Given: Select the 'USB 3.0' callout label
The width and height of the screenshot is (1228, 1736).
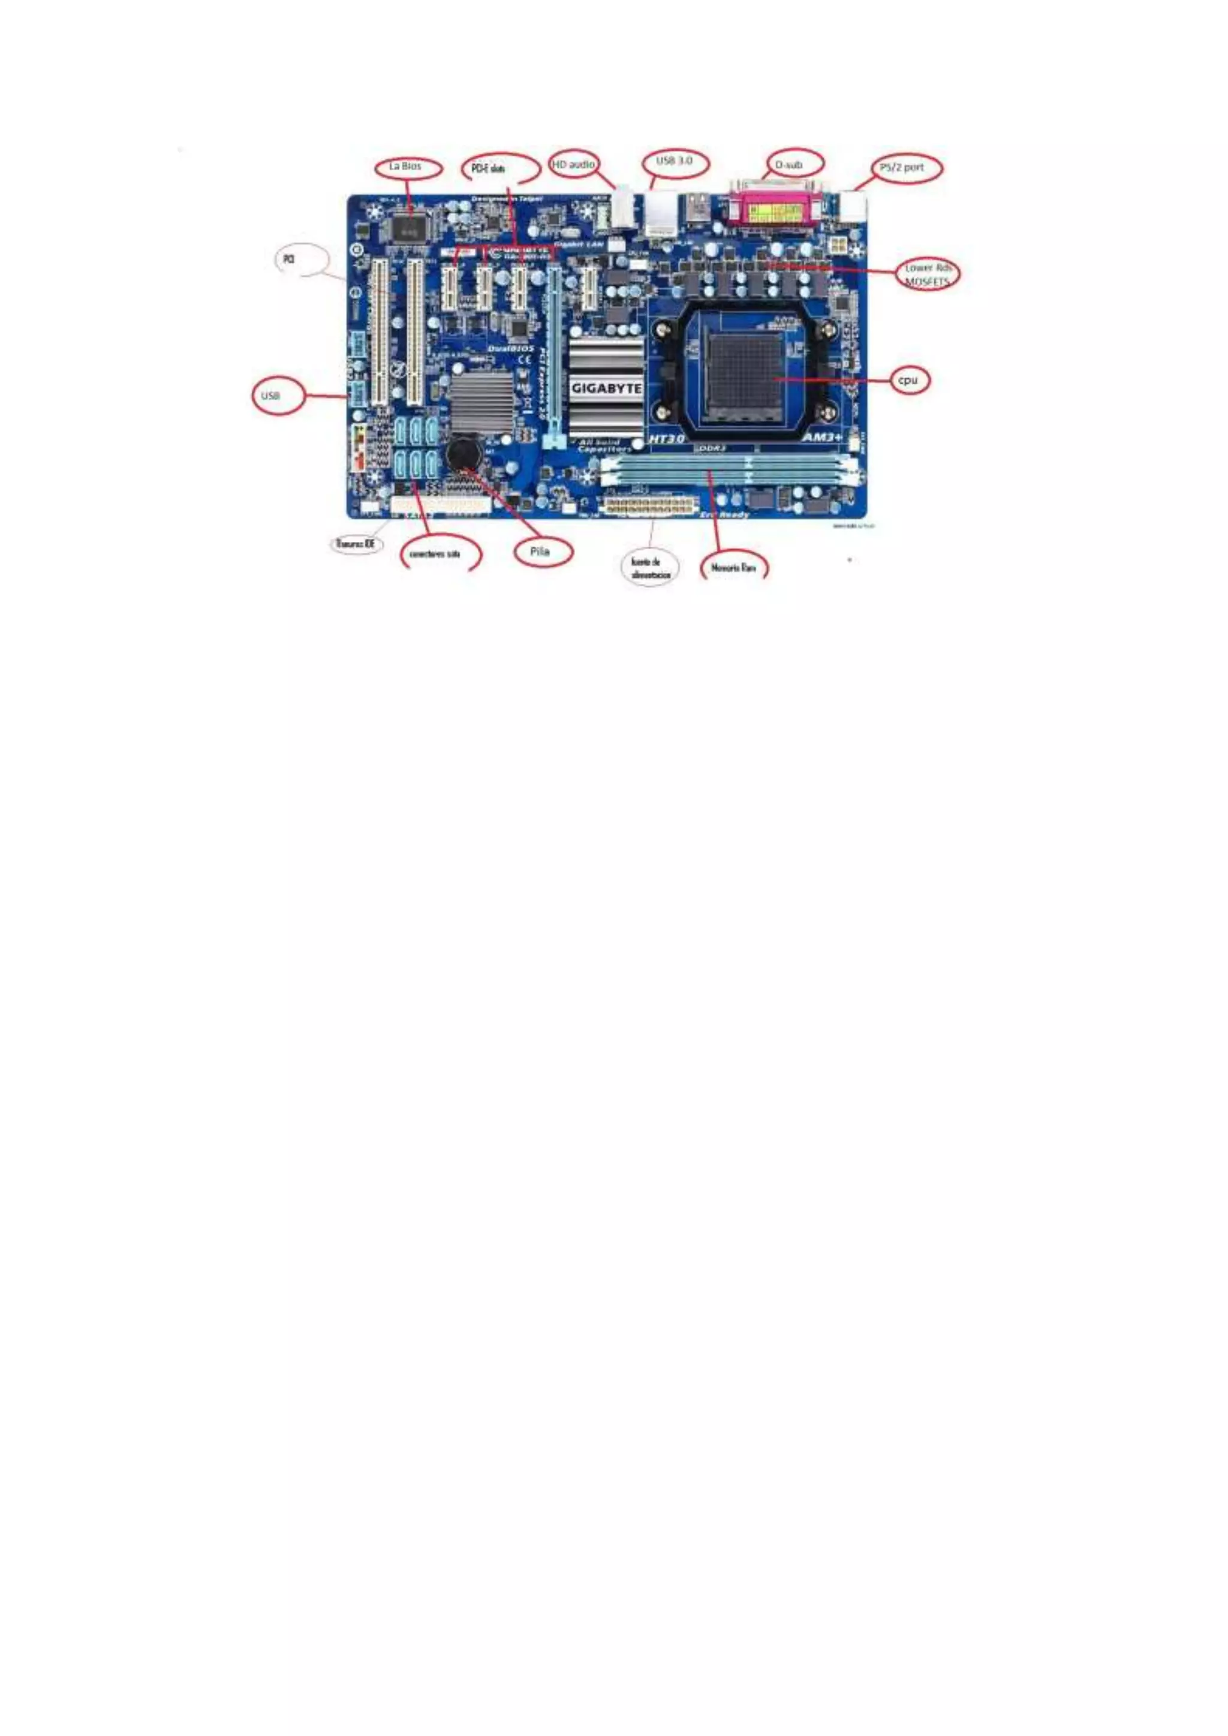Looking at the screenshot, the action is click(x=675, y=162).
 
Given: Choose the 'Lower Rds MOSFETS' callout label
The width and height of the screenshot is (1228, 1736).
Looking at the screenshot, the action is click(x=926, y=275).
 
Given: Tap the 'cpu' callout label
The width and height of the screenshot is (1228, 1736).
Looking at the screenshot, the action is click(x=907, y=380).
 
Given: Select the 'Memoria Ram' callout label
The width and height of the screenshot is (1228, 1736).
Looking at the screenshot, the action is click(x=733, y=567).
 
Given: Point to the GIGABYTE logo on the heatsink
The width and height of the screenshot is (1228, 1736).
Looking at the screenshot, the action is click(x=606, y=388).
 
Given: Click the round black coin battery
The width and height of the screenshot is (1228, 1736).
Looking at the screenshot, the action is click(x=463, y=454).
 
